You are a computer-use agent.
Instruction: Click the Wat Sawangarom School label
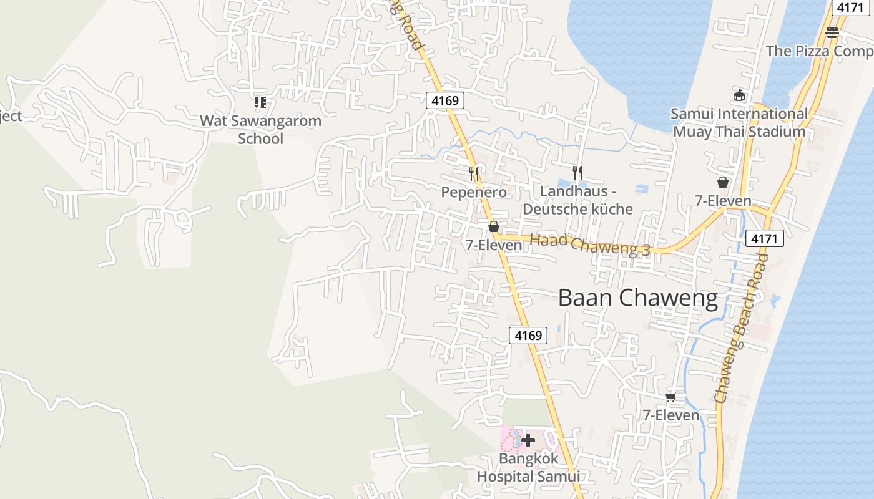click(x=260, y=130)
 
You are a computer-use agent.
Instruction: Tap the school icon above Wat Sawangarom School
click(x=260, y=102)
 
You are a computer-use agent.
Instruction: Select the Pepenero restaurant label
click(x=474, y=192)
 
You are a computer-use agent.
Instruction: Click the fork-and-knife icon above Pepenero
click(x=474, y=173)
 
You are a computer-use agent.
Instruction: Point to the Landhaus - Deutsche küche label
click(x=577, y=200)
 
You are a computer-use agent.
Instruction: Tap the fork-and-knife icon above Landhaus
click(x=577, y=172)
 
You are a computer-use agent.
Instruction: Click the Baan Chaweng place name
click(x=638, y=298)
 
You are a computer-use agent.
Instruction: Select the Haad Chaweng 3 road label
click(x=590, y=245)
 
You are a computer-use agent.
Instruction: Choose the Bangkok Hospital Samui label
click(x=528, y=467)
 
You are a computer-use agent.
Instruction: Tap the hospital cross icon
click(x=528, y=440)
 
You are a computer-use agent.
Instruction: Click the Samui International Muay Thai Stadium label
click(x=739, y=123)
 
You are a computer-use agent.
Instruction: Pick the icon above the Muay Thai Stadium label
click(x=739, y=95)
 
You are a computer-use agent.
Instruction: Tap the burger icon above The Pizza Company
click(x=832, y=32)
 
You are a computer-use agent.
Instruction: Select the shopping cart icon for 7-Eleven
click(x=671, y=397)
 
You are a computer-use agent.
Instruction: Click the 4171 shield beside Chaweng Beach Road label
click(x=764, y=238)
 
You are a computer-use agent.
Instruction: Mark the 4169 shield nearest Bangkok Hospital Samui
click(x=528, y=336)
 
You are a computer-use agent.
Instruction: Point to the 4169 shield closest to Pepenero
click(x=445, y=100)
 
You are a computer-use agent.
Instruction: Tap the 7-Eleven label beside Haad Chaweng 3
click(x=493, y=245)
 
